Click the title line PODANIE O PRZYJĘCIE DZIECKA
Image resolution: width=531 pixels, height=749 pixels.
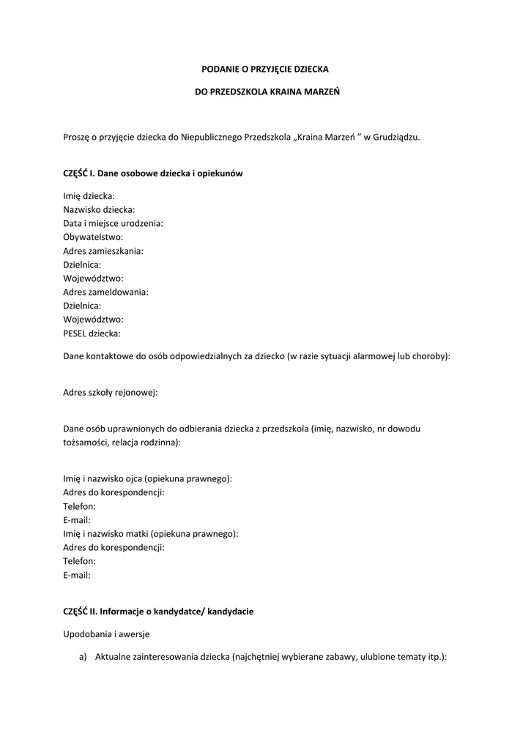pos(265,69)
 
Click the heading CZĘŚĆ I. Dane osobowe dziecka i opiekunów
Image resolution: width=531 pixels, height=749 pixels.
pos(153,173)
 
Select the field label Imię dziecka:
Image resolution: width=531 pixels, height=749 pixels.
pos(89,196)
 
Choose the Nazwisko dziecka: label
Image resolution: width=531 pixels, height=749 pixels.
pos(99,210)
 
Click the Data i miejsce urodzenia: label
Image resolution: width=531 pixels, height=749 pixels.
pos(113,223)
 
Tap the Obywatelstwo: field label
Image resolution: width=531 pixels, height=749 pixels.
pos(93,237)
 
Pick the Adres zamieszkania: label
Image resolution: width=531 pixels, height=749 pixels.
pos(103,251)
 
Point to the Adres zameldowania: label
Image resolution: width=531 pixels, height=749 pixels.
pos(106,292)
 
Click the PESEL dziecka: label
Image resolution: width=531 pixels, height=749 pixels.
pos(92,334)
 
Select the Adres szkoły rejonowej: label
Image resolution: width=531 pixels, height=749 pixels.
pos(111,392)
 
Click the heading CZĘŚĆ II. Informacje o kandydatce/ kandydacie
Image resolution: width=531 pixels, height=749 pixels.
pos(158,611)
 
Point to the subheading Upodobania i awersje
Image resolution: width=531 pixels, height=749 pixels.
pos(106,634)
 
